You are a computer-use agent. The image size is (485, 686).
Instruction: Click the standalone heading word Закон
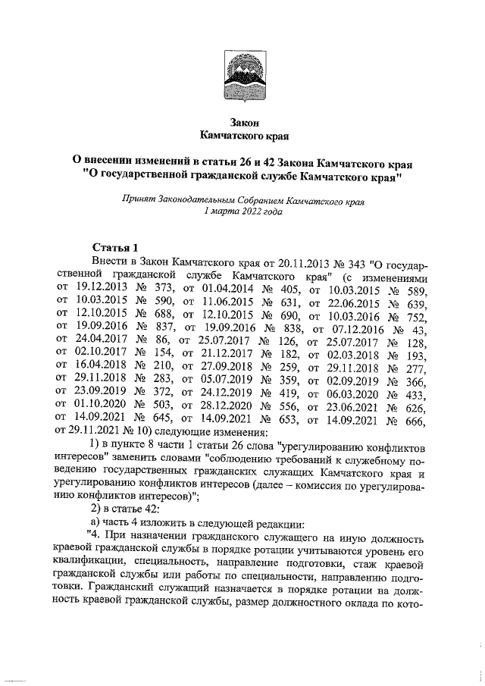244,121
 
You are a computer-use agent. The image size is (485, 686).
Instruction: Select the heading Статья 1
115,247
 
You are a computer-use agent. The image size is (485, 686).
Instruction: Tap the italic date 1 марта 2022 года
243,214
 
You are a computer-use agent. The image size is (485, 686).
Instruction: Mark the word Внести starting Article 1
108,261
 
